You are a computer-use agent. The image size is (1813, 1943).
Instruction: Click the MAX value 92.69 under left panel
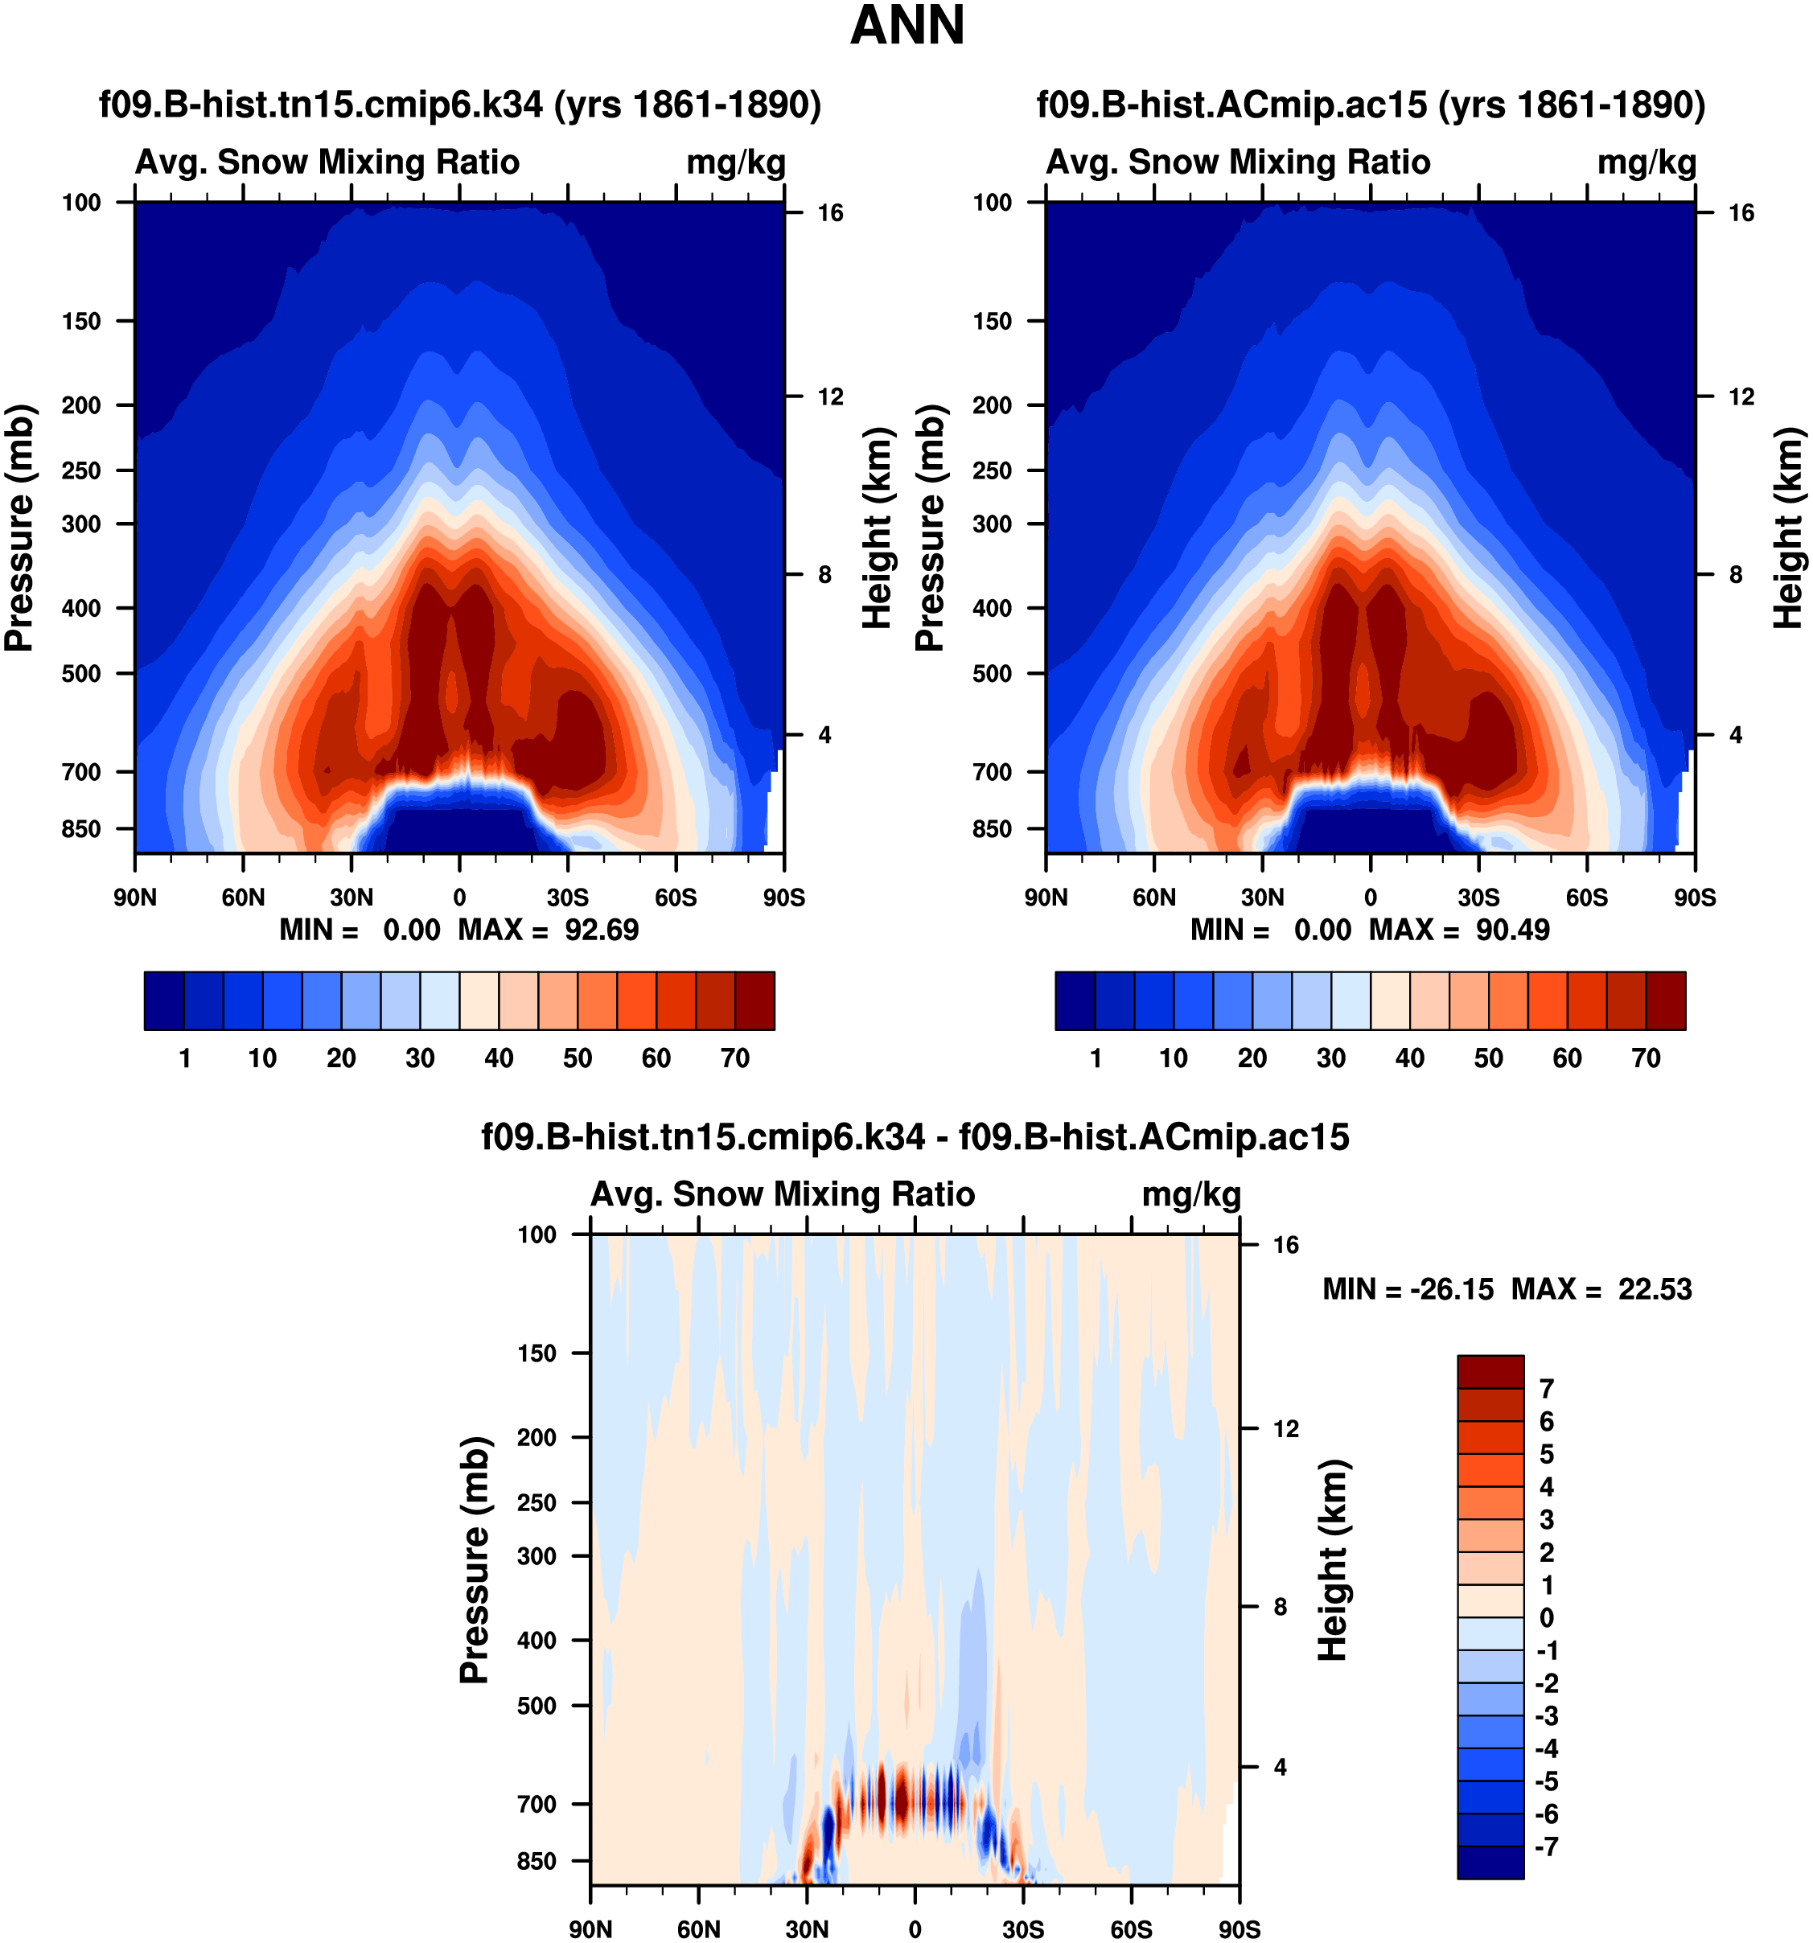[601, 930]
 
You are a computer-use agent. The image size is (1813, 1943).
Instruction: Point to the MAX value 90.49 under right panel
[1512, 930]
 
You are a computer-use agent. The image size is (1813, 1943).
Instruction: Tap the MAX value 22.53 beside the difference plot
[1655, 1289]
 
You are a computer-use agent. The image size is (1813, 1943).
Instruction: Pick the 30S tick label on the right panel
[1478, 898]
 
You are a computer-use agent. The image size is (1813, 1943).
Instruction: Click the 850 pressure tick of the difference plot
[536, 1861]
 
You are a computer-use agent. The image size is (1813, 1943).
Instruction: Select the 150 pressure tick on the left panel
[81, 322]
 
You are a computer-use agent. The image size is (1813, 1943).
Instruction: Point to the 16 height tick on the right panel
[1741, 213]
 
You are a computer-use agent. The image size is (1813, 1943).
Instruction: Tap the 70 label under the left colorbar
[735, 1058]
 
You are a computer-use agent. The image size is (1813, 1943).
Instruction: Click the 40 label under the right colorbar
[1409, 1058]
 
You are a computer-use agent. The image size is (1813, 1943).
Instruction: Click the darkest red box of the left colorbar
[754, 1000]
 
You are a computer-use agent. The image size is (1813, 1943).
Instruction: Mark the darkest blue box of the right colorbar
[1075, 1000]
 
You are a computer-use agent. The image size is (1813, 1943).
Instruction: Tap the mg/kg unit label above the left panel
[736, 162]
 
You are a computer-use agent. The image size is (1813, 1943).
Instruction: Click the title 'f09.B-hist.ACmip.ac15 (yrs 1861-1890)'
[1371, 105]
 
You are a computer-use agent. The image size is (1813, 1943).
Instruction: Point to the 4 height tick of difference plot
[1280, 1767]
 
